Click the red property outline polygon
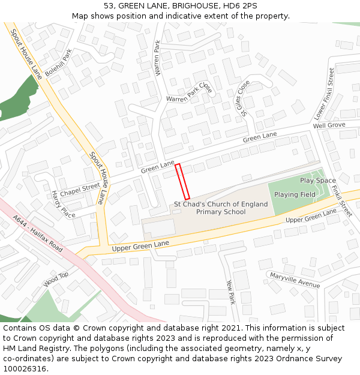click(x=182, y=181)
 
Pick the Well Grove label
click(x=329, y=125)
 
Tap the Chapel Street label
click(x=80, y=189)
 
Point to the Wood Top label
click(x=56, y=279)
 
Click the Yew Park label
click(x=230, y=293)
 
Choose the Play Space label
click(x=317, y=181)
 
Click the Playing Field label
click(x=295, y=194)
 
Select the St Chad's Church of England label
click(x=221, y=204)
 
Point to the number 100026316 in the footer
click(x=25, y=368)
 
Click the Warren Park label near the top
click(x=158, y=58)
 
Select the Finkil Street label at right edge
click(x=341, y=200)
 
